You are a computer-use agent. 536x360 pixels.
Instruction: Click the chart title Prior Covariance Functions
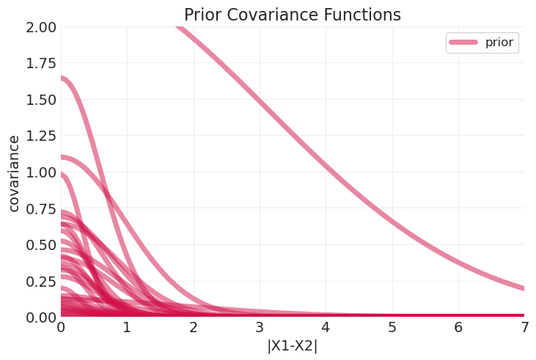coord(292,15)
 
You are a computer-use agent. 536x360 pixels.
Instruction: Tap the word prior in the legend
coord(500,43)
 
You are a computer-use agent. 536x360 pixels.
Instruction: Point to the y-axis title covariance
coord(14,173)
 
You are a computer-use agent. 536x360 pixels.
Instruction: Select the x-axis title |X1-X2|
coord(292,346)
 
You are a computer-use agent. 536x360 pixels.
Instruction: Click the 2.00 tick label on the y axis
coord(40,27)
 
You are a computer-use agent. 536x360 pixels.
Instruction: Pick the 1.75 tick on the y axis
coord(40,63)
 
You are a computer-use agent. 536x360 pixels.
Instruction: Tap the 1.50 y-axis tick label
coord(40,100)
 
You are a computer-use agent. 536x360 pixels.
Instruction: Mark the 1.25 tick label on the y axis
coord(40,136)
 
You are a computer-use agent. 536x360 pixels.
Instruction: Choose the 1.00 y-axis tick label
coord(40,172)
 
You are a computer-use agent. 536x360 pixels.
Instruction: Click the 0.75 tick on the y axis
coord(40,208)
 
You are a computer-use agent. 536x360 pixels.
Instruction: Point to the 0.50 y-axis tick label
coord(40,245)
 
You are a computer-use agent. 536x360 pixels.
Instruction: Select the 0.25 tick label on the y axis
coord(40,281)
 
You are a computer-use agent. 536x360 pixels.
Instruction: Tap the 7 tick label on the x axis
coord(525,328)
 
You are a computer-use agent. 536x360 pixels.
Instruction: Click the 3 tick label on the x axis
coord(260,328)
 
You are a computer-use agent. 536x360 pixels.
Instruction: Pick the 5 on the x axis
coord(392,328)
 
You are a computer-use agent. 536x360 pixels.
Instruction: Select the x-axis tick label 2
coord(194,328)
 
